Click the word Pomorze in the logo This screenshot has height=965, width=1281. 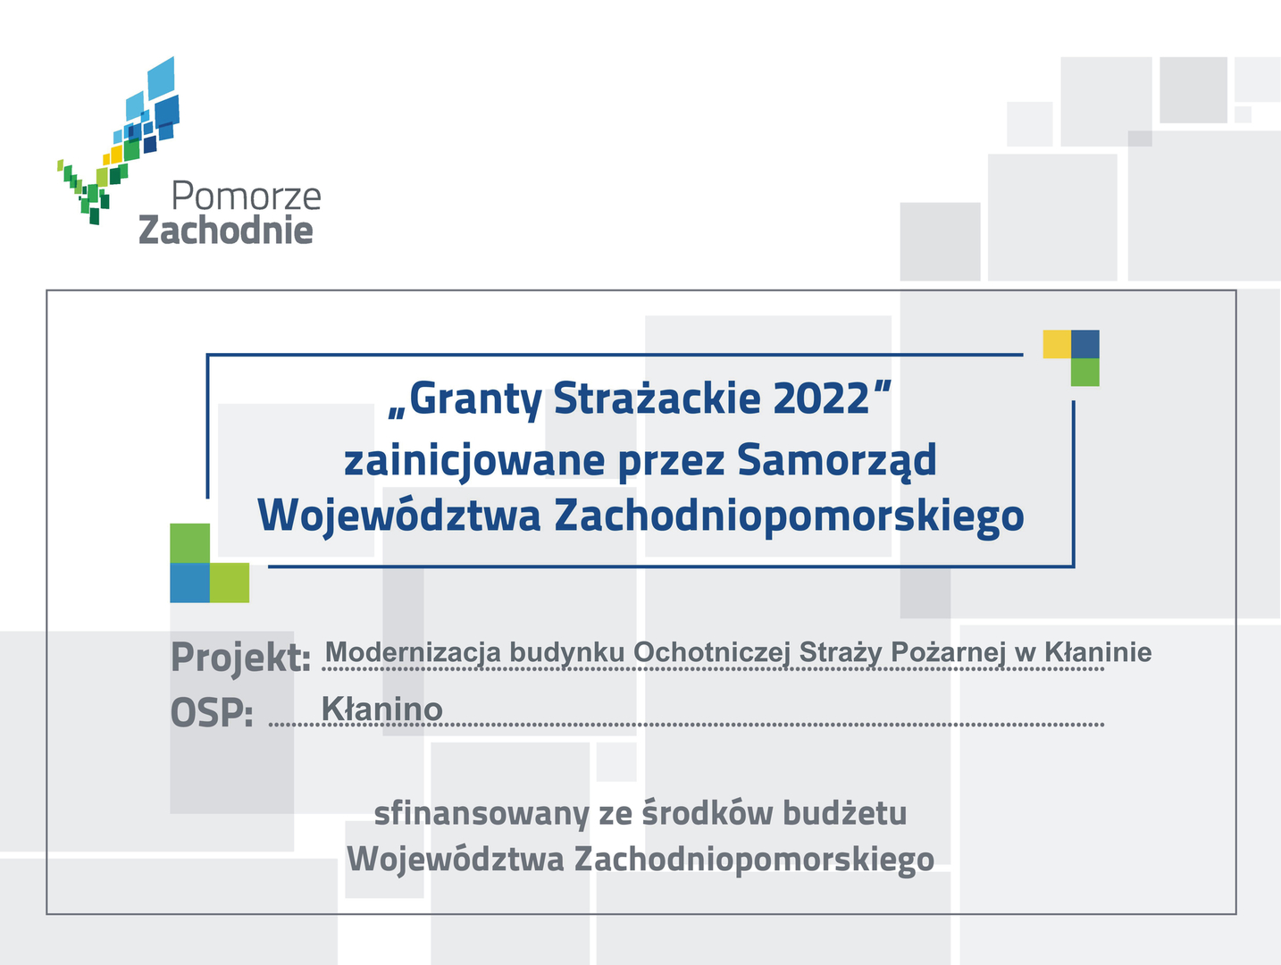click(246, 196)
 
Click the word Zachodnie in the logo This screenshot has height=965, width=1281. click(225, 230)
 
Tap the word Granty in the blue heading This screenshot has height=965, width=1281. click(475, 400)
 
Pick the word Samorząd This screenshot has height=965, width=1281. click(836, 460)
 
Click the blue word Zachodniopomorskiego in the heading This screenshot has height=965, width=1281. click(789, 516)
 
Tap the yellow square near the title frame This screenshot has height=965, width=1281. click(1056, 344)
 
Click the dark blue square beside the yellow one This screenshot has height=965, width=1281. click(1084, 344)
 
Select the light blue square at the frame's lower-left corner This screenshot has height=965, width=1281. click(189, 582)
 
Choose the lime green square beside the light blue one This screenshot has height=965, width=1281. click(230, 582)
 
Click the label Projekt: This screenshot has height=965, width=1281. click(240, 658)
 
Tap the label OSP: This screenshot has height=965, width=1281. click(212, 712)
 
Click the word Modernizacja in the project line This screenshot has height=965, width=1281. click(412, 652)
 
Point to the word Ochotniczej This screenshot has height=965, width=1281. click(711, 652)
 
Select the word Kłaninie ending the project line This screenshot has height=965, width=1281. click(1098, 651)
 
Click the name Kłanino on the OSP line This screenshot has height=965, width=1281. click(381, 709)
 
